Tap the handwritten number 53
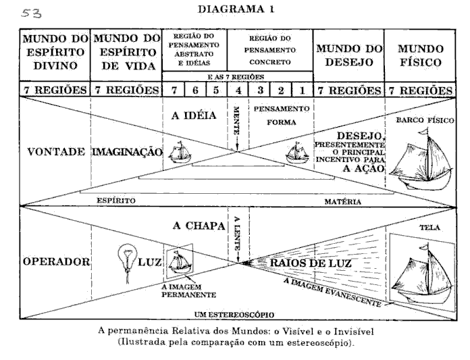[31, 12]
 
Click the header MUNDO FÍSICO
[420, 56]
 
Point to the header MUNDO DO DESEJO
[348, 56]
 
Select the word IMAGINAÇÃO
[127, 152]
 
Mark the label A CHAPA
[198, 226]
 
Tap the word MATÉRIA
[342, 201]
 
